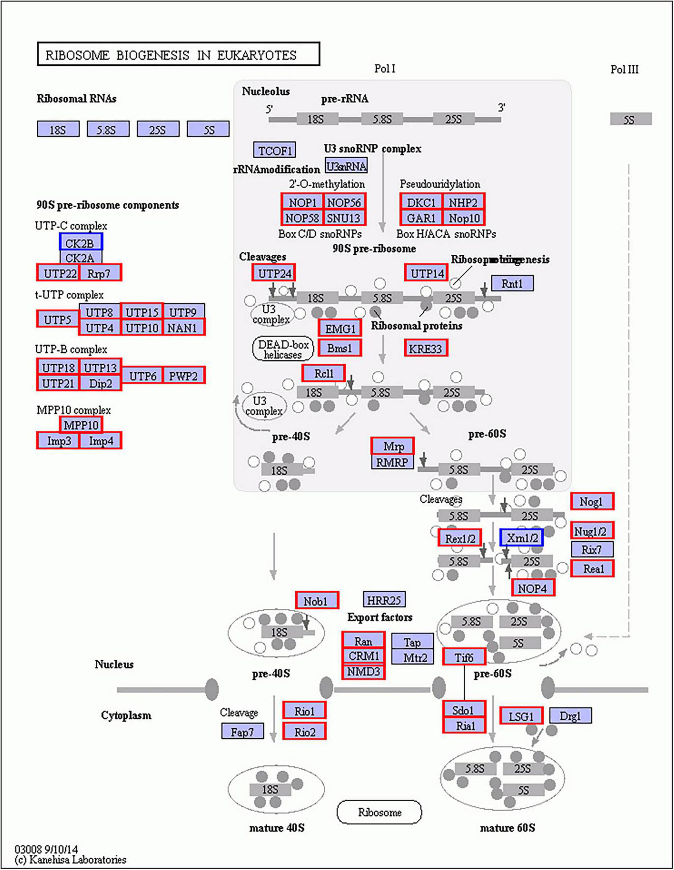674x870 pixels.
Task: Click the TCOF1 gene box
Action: coord(275,150)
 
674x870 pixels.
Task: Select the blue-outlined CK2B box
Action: coord(81,242)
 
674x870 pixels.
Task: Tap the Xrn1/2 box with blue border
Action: coord(521,538)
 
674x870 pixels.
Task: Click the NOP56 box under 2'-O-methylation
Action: coord(344,202)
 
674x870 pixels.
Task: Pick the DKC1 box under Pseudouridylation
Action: coord(421,202)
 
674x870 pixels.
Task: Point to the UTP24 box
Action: coord(274,273)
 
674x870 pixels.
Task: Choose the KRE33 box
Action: coord(425,348)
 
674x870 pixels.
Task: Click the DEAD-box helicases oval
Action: coord(283,349)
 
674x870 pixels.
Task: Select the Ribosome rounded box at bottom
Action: coord(379,812)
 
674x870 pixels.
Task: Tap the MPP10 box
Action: coord(81,425)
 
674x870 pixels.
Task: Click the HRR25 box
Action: coord(384,599)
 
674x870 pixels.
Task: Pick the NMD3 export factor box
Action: coord(364,671)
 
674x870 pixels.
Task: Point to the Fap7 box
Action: coord(242,732)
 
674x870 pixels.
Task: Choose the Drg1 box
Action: coord(570,716)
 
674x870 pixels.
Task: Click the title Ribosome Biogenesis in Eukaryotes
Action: coord(178,54)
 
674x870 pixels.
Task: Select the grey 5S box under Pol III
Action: coord(630,119)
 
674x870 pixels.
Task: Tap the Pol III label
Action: coord(624,69)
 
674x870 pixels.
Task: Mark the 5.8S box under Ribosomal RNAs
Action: coord(108,129)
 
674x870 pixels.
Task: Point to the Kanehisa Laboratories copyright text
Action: coord(71,860)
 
